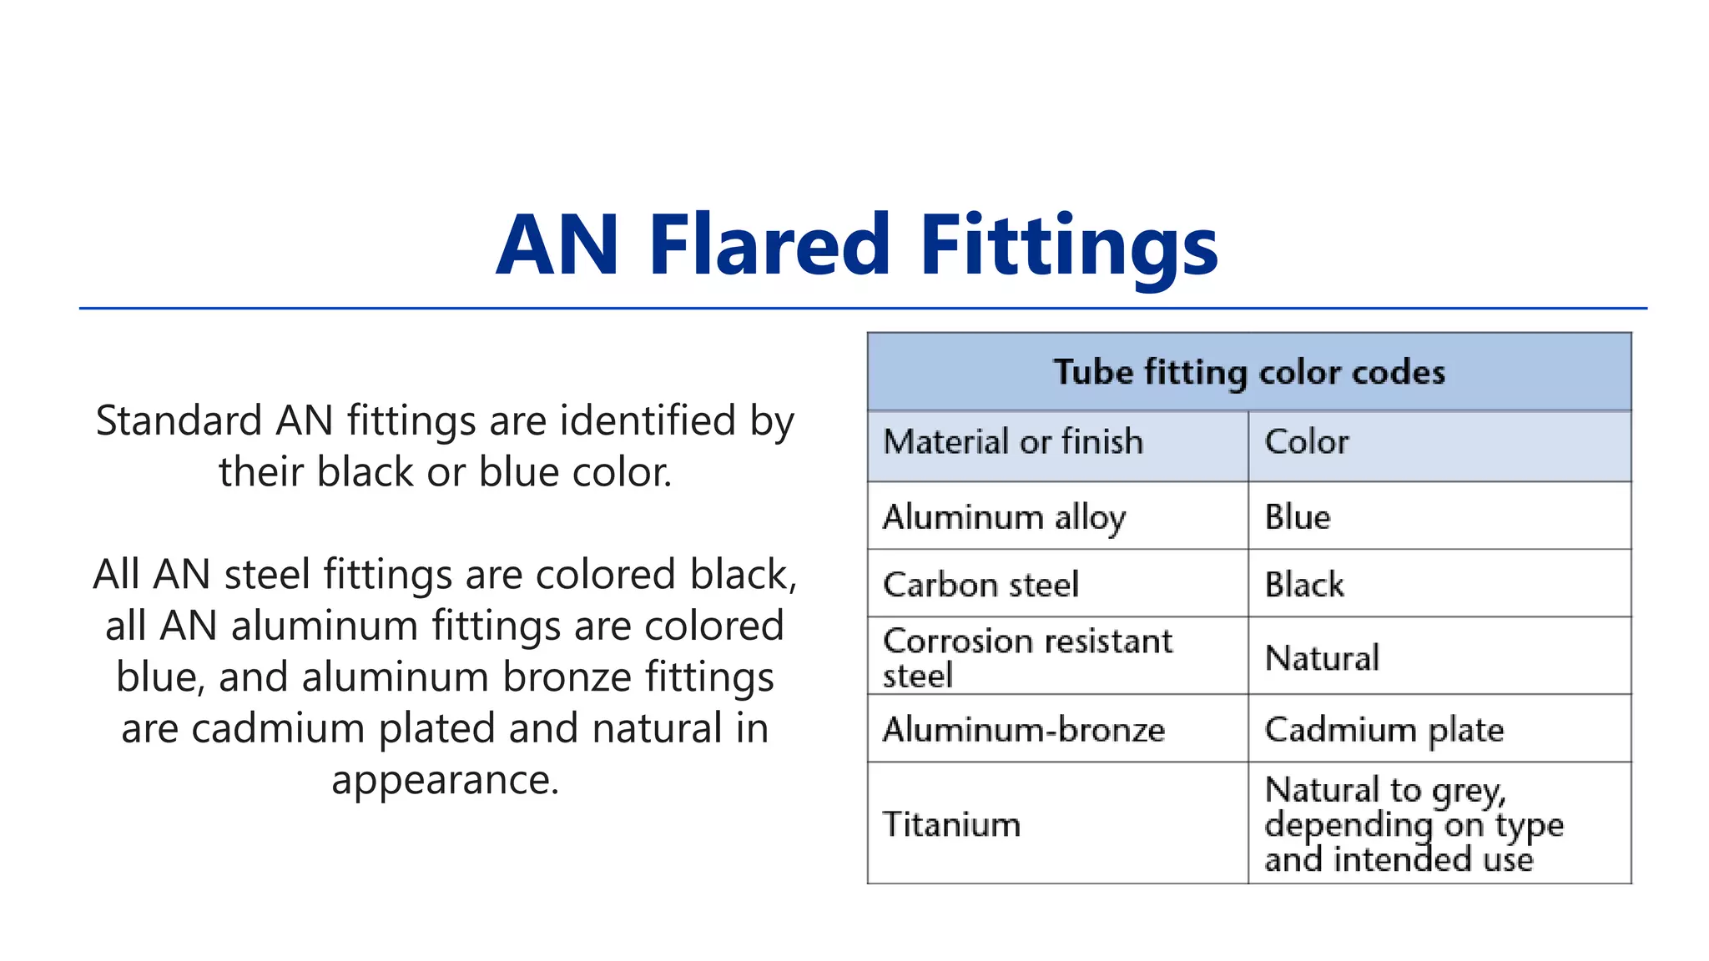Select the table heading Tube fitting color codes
pos(1248,372)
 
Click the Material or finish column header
pos(1013,442)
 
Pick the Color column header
pos(1306,442)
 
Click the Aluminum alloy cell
pos(1005,517)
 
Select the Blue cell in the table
pos(1298,517)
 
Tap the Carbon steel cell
pos(981,585)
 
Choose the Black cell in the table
pos(1304,585)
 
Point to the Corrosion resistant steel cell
pos(1027,657)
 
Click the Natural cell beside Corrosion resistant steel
pos(1322,658)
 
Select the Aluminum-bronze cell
pos(1024,730)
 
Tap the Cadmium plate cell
pos(1384,730)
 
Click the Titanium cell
pos(951,824)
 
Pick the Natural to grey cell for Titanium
pos(1414,824)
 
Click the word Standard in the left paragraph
pos(179,420)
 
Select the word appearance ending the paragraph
pos(445,780)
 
